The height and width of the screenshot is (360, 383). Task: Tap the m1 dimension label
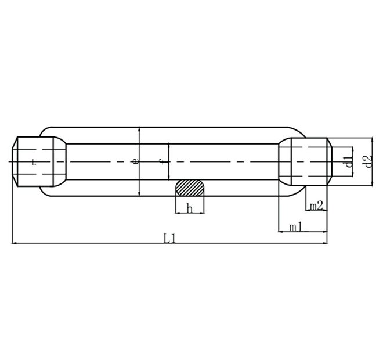[296, 227]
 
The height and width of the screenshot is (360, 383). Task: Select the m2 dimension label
[316, 206]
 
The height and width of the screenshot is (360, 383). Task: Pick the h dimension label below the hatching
[189, 208]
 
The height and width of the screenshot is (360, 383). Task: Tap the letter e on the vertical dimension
[136, 161]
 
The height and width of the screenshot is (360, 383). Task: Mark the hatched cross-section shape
[190, 188]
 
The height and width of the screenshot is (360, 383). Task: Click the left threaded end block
[38, 161]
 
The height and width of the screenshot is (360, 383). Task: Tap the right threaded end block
[305, 161]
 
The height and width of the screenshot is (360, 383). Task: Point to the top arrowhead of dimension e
[139, 129]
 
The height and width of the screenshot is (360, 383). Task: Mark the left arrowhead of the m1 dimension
[281, 232]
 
